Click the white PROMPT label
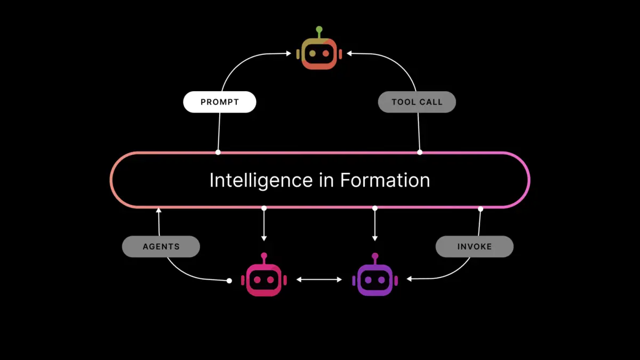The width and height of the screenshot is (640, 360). [220, 102]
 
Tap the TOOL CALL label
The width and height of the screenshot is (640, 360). [417, 102]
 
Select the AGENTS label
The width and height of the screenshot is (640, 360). [161, 247]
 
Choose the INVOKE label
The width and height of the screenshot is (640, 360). [475, 247]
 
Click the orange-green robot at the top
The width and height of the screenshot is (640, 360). [319, 54]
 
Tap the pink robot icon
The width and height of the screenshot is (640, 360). [263, 279]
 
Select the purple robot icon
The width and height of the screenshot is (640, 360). [375, 279]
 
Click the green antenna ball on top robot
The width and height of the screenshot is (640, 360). [319, 29]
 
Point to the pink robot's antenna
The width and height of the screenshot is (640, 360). [263, 257]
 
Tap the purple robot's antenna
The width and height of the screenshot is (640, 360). [375, 257]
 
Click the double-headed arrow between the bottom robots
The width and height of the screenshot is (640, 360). [319, 279]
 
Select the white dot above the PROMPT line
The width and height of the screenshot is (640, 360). [218, 153]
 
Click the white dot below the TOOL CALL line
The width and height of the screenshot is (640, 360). [420, 153]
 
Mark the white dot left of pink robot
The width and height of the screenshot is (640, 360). [229, 281]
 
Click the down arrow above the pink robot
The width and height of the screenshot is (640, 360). [263, 237]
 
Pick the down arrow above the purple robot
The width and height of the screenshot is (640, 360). [375, 237]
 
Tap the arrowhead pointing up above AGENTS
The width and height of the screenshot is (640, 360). [158, 211]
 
